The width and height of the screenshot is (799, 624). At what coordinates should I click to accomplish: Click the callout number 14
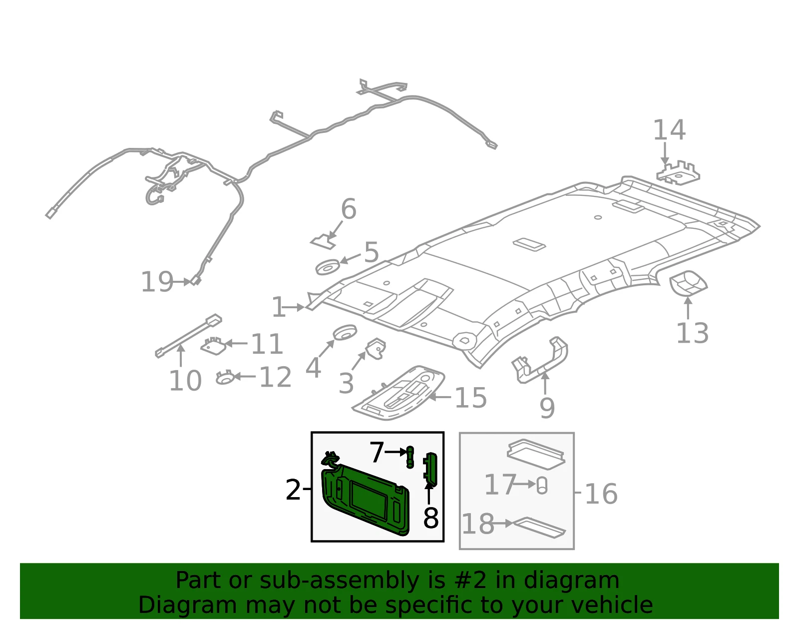pos(669,130)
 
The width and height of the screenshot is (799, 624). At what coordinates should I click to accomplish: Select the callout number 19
pos(157,282)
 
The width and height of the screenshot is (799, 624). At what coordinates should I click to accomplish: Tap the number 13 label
pos(692,333)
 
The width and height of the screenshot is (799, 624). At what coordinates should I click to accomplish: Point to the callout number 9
pos(547,408)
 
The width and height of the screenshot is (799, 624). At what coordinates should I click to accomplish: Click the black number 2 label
pos(293,490)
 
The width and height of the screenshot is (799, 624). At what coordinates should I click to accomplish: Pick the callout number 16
pos(601,494)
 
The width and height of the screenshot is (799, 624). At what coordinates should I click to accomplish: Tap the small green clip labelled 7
pos(410,457)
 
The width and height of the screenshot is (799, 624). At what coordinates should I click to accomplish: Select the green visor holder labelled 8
pos(430,470)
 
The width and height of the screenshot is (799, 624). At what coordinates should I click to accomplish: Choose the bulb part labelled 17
pos(542,486)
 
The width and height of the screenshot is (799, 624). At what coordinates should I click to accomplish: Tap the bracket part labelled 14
pos(678,173)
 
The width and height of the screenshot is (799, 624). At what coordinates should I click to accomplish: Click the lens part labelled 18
pos(539,528)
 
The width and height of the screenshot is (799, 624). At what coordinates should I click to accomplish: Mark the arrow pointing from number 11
pos(236,344)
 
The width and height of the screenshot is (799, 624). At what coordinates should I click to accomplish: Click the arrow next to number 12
pos(245,377)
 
